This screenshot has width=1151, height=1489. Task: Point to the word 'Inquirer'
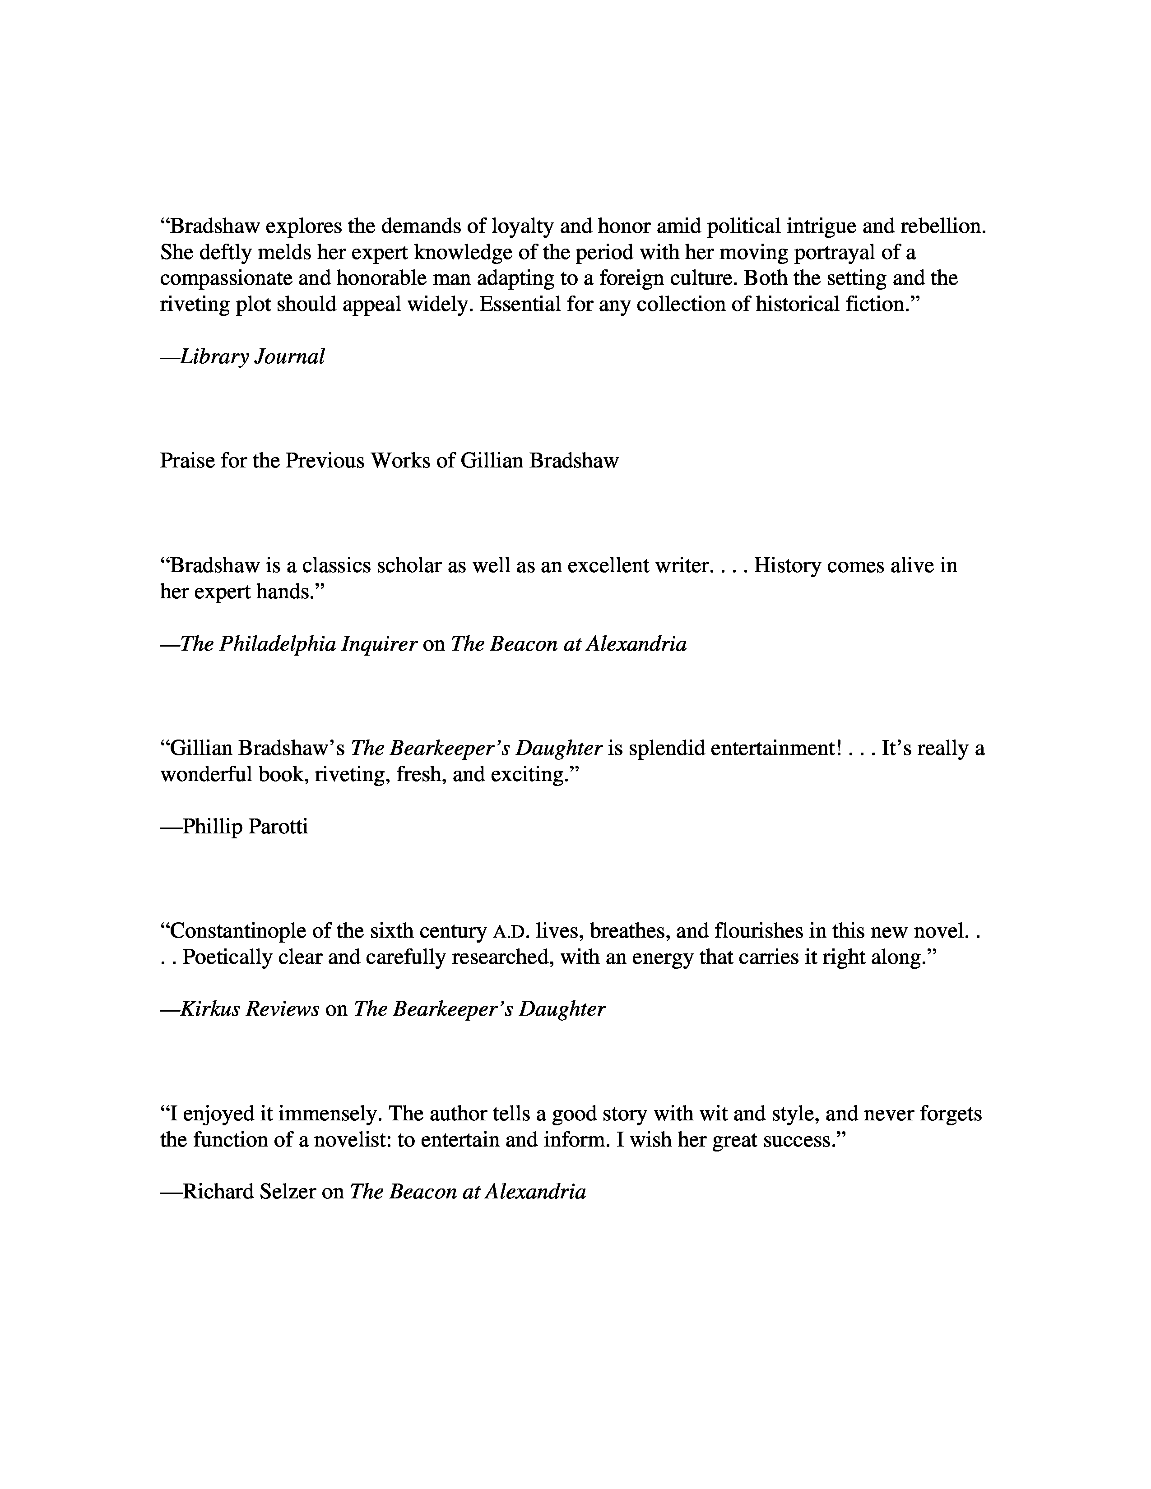click(x=379, y=644)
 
